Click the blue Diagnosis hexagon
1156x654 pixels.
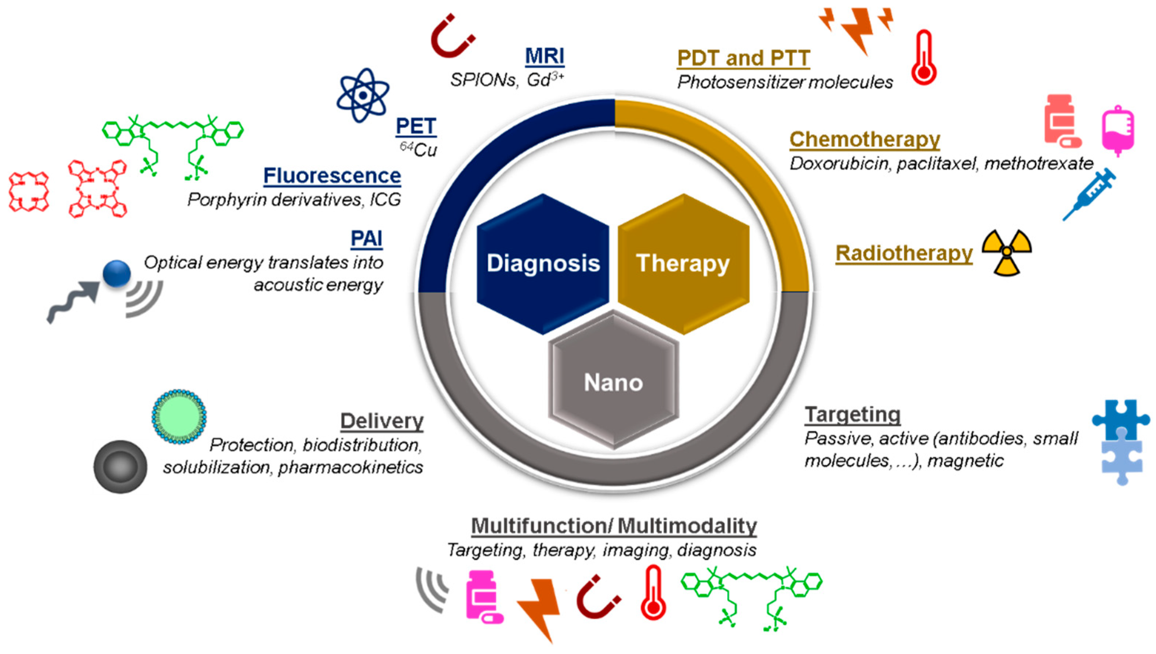pos(542,264)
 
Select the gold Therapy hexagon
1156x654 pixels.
pos(683,264)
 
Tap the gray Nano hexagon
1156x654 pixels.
pos(613,382)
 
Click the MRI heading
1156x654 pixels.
pos(544,56)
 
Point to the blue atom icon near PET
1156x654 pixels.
pos(363,95)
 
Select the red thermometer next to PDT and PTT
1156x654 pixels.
pos(924,58)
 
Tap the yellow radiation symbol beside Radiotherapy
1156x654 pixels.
pos(1006,252)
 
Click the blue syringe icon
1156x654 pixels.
pos(1089,194)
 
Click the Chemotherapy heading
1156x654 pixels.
pos(865,139)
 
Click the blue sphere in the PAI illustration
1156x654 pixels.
pos(117,273)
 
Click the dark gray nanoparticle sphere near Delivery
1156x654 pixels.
pos(120,467)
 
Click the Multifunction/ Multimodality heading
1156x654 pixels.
pos(614,526)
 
